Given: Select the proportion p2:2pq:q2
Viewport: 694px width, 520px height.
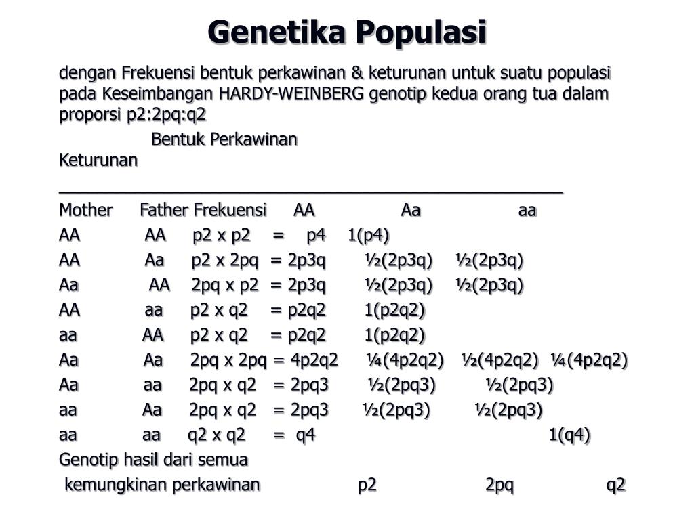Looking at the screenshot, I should [167, 114].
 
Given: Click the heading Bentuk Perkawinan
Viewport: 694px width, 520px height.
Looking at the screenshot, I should [224, 139].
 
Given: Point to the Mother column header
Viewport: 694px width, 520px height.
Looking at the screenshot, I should [85, 211].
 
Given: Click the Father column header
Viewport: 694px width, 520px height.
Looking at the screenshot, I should [163, 211].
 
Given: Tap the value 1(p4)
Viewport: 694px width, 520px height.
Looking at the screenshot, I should [368, 236].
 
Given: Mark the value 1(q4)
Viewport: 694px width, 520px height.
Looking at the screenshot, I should [569, 435].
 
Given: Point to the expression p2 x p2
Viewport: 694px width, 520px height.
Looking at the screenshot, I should [222, 236].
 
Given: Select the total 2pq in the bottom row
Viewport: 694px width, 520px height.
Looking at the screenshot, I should [499, 485].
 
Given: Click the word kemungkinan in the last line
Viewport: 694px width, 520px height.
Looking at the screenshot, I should [116, 485].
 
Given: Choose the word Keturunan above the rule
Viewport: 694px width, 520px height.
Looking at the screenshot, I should [98, 161].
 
